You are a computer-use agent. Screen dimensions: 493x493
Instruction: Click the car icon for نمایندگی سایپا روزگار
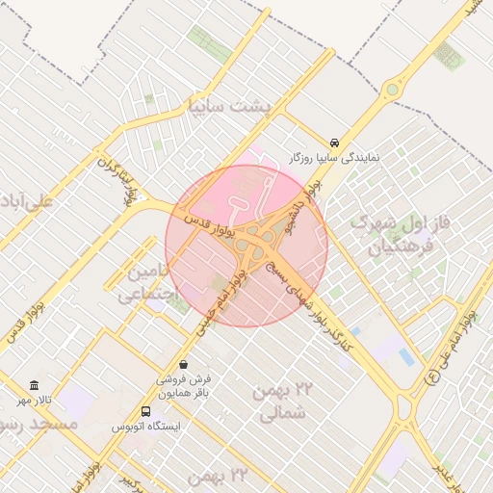[334, 141]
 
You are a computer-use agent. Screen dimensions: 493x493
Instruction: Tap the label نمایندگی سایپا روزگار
[334, 156]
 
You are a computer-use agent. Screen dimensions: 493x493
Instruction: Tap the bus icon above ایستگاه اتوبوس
[145, 410]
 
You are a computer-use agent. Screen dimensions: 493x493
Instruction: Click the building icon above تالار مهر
[35, 385]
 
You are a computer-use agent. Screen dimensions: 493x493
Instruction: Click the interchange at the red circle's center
[247, 246]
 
